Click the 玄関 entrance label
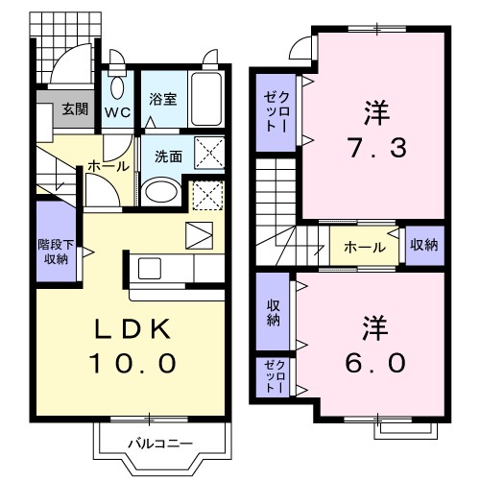pos(75,108)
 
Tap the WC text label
pos(117,110)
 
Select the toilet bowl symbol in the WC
pos(117,87)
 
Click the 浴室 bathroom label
pos(161,98)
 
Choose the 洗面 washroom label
pos(168,156)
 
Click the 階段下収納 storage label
pos(56,251)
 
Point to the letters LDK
pos(132,330)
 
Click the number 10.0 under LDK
pos(132,364)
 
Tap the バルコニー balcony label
pos(160,443)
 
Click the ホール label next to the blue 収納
pos(366,248)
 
